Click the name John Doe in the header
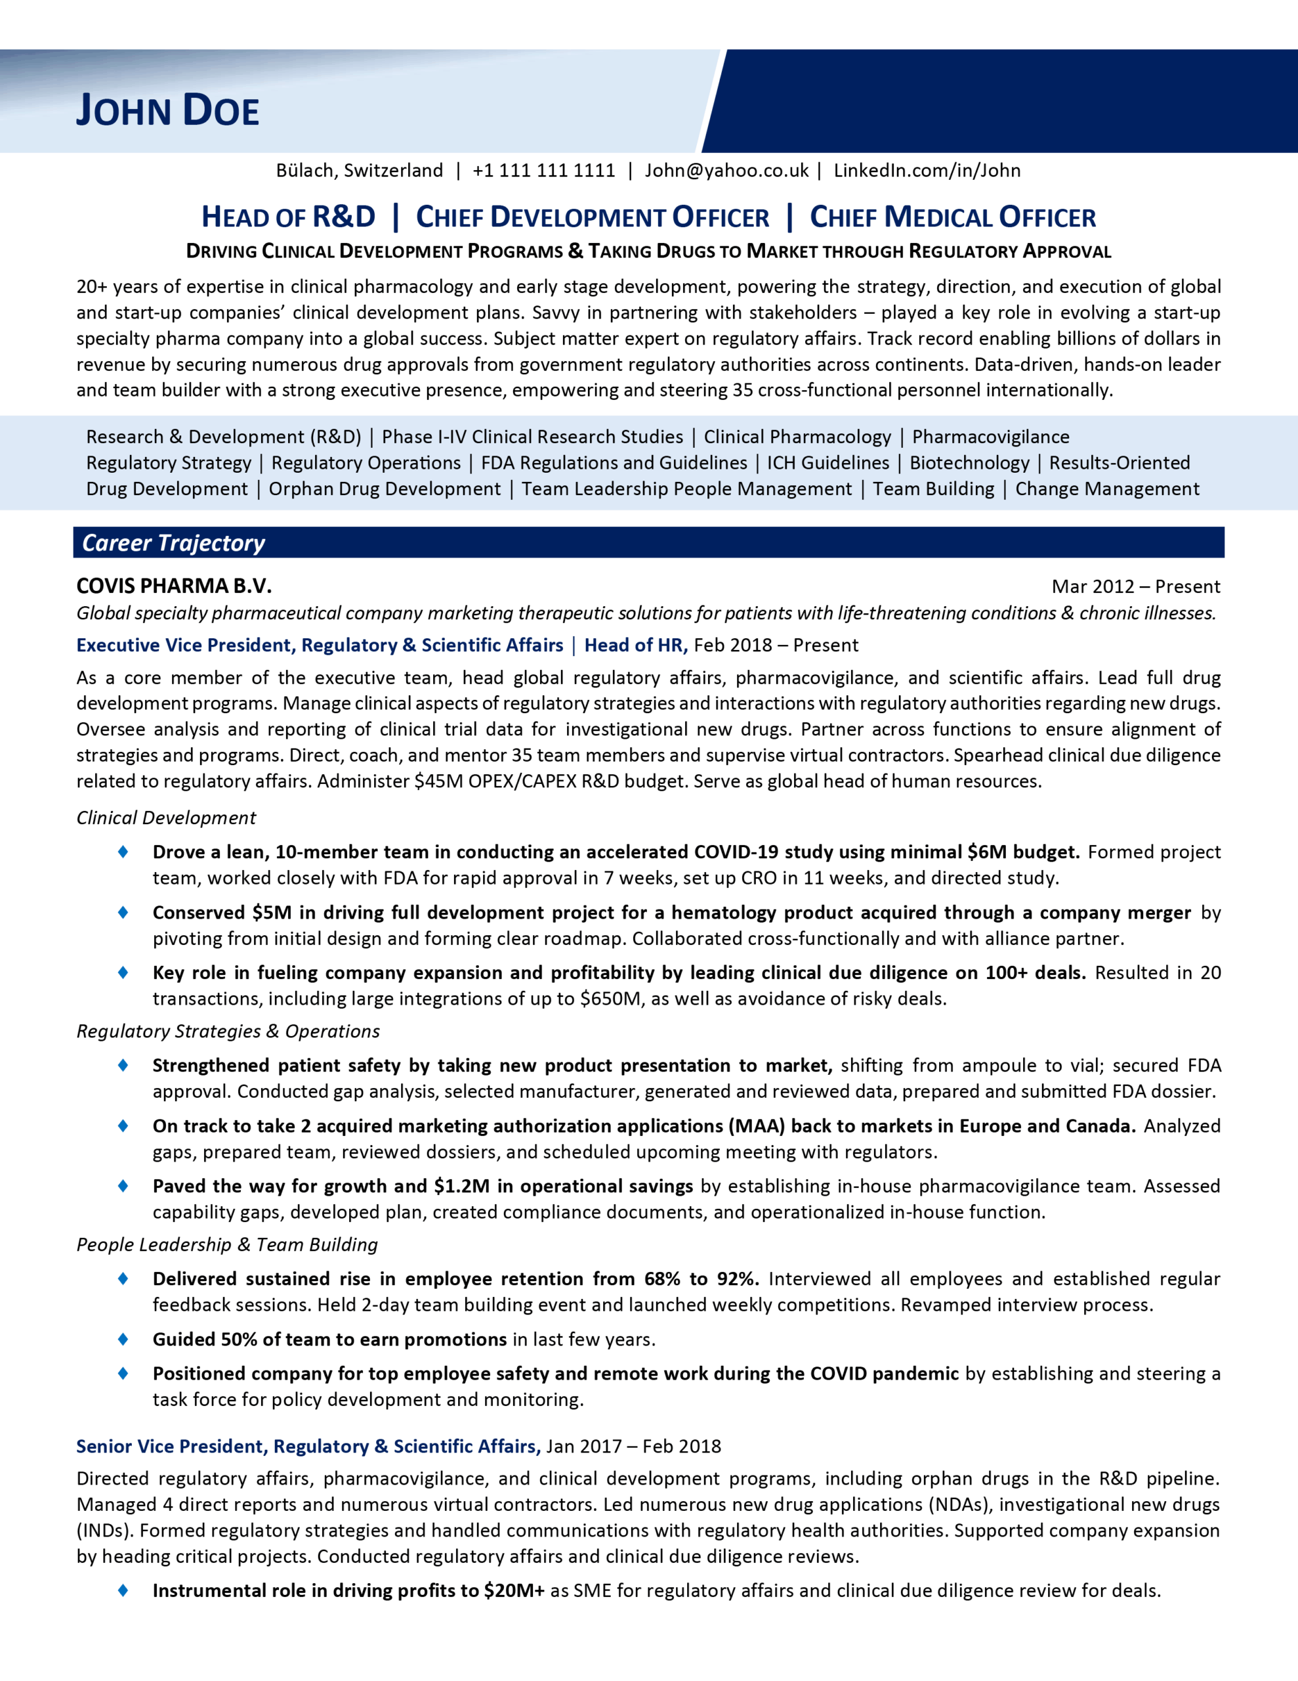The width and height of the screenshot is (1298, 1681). coord(168,110)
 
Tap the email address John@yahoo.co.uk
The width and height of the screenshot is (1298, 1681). coord(726,170)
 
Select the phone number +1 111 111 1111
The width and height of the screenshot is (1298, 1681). coord(543,170)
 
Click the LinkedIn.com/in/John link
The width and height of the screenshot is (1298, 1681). coord(927,170)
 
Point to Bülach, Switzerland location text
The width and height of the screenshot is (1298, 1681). coord(360,170)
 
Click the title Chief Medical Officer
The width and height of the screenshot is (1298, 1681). coord(953,217)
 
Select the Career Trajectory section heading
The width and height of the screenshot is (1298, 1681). coord(174,542)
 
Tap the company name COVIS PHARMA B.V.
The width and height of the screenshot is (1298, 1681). coord(174,586)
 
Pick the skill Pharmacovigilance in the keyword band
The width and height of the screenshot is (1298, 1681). coord(990,437)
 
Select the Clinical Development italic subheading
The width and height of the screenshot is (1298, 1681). coord(166,818)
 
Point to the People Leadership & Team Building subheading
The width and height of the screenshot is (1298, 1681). coord(227,1244)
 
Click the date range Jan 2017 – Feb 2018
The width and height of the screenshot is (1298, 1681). coord(633,1446)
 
